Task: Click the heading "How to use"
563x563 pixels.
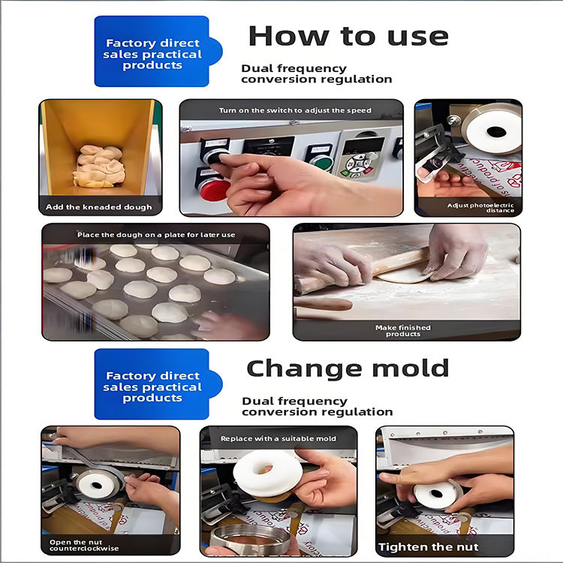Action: (x=348, y=36)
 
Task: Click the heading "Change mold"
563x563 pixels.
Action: (x=348, y=369)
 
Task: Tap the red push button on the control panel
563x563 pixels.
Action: (x=214, y=190)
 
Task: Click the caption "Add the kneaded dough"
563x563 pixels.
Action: (x=99, y=207)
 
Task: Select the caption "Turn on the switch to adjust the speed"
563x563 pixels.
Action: (x=295, y=110)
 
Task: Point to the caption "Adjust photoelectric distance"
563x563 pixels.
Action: (x=480, y=207)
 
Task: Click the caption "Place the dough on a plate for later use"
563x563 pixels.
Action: (x=156, y=235)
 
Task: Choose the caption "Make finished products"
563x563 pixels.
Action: (x=403, y=330)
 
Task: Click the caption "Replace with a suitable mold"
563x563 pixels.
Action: (x=278, y=438)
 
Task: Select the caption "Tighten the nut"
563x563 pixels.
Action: (x=429, y=546)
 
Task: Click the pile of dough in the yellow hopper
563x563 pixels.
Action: (x=100, y=166)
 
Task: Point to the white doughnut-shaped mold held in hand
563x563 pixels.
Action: (x=267, y=474)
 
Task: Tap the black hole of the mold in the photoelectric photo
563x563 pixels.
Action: (x=496, y=132)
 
